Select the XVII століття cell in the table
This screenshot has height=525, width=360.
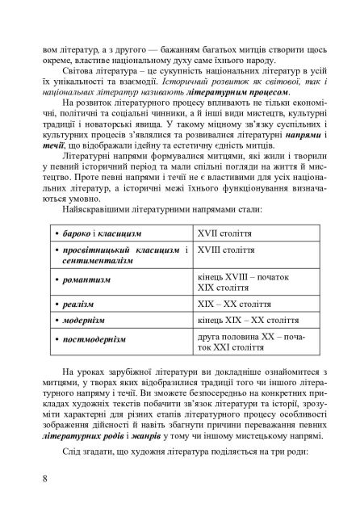[257, 233]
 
